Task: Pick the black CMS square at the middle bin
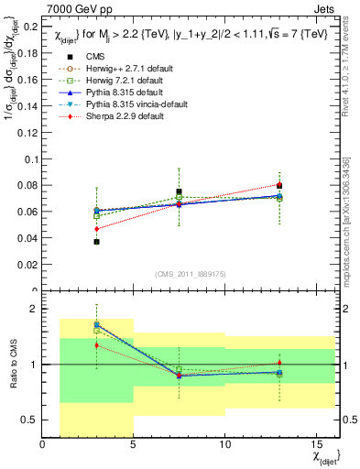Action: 179,192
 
